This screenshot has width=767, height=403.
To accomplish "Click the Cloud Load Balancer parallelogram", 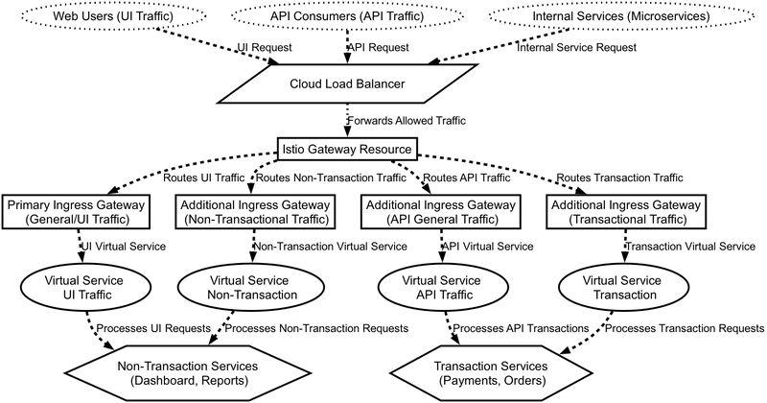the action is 347,83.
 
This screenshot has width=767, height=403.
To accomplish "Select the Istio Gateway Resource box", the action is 347,149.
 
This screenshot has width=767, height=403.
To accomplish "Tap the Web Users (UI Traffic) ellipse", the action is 113,16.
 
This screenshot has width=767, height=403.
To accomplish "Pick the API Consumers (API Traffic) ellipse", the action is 347,16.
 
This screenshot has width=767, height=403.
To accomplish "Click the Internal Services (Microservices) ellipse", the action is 620,16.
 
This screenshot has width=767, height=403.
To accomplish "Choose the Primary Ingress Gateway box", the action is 77,212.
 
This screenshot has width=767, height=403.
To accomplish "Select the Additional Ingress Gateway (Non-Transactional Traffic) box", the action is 255,212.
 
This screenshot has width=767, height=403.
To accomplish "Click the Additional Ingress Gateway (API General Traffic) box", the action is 441,212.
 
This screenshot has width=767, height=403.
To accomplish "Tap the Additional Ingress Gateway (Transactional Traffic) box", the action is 627,212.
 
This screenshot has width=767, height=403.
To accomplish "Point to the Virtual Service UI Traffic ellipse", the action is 83,288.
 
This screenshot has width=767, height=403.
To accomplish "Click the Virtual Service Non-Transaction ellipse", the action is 249,288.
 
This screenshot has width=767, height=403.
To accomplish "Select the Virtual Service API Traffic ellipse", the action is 442,288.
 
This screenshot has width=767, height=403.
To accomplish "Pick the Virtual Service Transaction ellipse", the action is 622,288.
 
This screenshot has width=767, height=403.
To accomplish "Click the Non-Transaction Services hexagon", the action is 188,373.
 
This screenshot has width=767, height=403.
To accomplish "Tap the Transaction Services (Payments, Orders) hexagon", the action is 491,373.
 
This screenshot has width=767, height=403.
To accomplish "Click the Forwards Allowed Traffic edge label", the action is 407,121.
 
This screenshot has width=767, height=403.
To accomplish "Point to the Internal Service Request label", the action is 577,48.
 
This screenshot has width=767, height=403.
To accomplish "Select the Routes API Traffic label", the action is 467,178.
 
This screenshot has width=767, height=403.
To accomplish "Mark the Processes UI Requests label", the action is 153,328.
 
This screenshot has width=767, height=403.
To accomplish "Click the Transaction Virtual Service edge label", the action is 690,247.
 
